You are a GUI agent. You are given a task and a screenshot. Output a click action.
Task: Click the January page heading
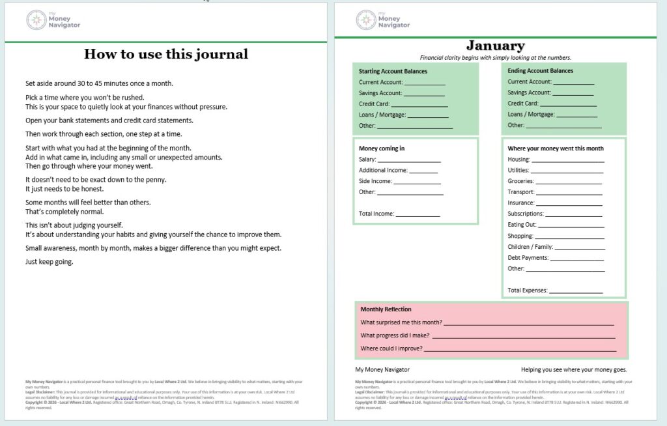pyautogui.click(x=496, y=46)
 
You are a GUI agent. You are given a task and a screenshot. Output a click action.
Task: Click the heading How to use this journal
pyautogui.click(x=166, y=54)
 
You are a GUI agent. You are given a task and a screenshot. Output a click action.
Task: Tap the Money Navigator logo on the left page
pyautogui.click(x=53, y=20)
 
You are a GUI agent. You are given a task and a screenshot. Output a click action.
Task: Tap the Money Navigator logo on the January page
pyautogui.click(x=383, y=20)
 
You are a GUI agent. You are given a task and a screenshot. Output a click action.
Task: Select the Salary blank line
pyautogui.click(x=409, y=160)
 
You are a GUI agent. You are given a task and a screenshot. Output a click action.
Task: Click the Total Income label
pyautogui.click(x=376, y=214)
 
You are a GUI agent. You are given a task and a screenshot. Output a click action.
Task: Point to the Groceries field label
pyautogui.click(x=520, y=181)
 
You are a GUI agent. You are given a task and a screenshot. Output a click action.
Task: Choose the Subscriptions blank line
pyautogui.click(x=573, y=215)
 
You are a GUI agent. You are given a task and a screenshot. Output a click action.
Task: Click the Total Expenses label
pyautogui.click(x=527, y=290)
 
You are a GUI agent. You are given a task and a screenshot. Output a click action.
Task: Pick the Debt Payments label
pyautogui.click(x=528, y=258)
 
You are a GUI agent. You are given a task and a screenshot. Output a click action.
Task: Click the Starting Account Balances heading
pyautogui.click(x=393, y=71)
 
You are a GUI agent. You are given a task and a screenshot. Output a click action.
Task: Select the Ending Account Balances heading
pyautogui.click(x=540, y=71)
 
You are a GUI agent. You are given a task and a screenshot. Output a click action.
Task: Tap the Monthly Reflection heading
pyautogui.click(x=386, y=309)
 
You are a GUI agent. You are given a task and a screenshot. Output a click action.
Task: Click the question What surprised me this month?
pyautogui.click(x=401, y=322)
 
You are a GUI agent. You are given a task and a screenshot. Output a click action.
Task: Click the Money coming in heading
pyautogui.click(x=382, y=149)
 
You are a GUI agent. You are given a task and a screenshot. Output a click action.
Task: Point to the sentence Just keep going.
pyautogui.click(x=50, y=262)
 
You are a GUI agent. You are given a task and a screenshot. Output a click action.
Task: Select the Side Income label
pyautogui.click(x=375, y=181)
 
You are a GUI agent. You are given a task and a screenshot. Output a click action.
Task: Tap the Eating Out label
pyautogui.click(x=522, y=225)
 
